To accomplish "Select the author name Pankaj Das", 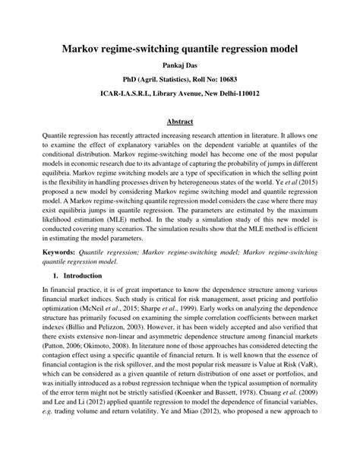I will point(179,65).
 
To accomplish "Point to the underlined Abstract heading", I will point(179,121).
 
